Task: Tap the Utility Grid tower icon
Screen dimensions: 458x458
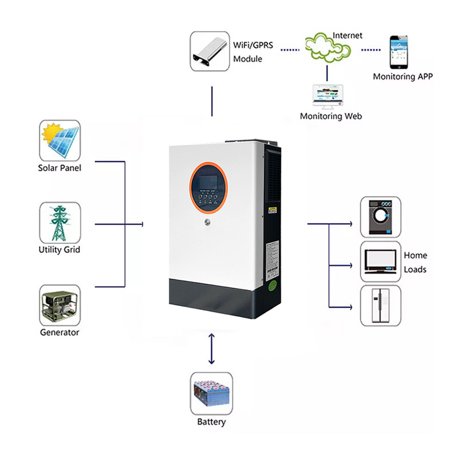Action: pyautogui.click(x=60, y=223)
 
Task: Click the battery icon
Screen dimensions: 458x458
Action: pyautogui.click(x=211, y=394)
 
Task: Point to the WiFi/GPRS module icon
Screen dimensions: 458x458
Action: pyautogui.click(x=210, y=51)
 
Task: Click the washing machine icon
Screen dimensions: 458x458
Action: pyautogui.click(x=381, y=217)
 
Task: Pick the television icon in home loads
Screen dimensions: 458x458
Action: pyautogui.click(x=381, y=261)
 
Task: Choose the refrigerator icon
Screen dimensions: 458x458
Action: pyautogui.click(x=381, y=306)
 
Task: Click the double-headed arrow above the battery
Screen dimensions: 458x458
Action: pyautogui.click(x=211, y=350)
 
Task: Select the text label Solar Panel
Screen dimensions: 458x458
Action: pyautogui.click(x=60, y=168)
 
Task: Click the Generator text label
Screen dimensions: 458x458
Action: pyautogui.click(x=60, y=332)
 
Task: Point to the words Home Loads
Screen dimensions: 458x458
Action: pyautogui.click(x=416, y=262)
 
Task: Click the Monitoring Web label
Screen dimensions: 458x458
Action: pyautogui.click(x=331, y=116)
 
